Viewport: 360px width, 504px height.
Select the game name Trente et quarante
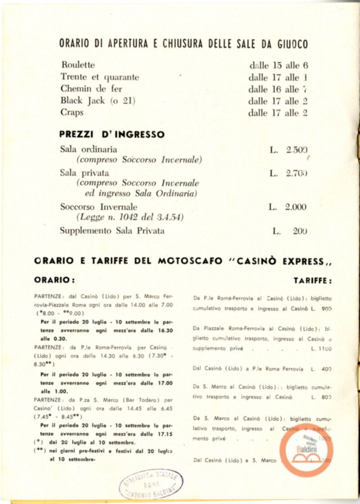point(100,77)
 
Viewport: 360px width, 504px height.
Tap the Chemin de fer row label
point(91,89)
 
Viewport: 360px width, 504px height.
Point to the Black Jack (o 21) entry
point(98,100)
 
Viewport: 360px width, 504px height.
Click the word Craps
point(72,112)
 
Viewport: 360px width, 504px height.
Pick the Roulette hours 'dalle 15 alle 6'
point(279,65)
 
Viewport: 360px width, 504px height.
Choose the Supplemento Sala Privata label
point(112,231)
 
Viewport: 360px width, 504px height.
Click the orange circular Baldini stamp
point(306,450)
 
